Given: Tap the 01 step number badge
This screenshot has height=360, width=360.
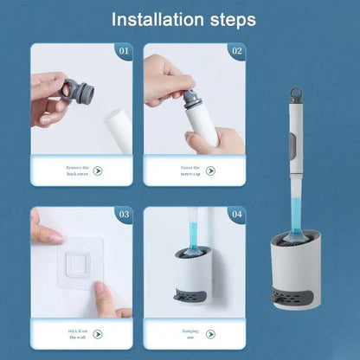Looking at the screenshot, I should click(123, 52).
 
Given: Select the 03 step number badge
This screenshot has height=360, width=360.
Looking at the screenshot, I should click(123, 214).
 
